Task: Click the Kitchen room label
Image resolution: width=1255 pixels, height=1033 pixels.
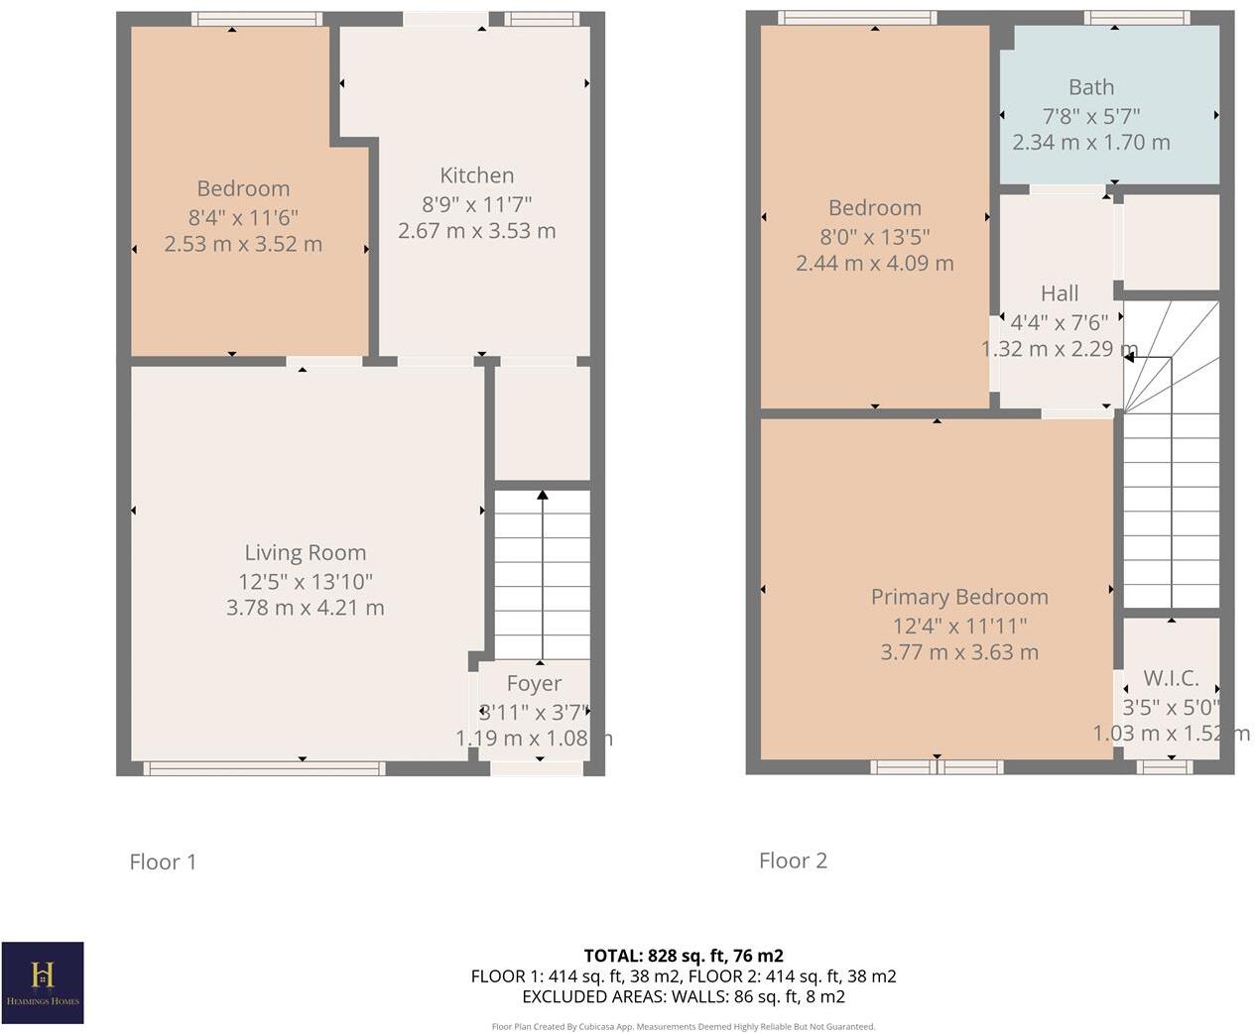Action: pyautogui.click(x=476, y=175)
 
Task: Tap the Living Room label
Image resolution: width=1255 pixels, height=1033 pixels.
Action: pyautogui.click(x=305, y=553)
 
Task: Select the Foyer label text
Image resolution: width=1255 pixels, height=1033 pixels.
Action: pyautogui.click(x=534, y=683)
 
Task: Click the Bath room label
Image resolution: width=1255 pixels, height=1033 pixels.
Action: pyautogui.click(x=1090, y=87)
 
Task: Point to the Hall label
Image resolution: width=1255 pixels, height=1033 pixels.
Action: pyautogui.click(x=1059, y=293)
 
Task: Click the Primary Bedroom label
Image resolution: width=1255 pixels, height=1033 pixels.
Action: pyautogui.click(x=958, y=597)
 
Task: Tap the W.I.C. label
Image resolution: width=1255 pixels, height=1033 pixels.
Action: pyautogui.click(x=1171, y=678)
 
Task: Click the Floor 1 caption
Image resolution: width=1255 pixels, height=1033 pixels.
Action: pyautogui.click(x=163, y=861)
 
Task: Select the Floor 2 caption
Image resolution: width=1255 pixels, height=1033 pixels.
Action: pyautogui.click(x=793, y=861)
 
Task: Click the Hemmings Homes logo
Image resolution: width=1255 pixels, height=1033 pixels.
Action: pyautogui.click(x=43, y=981)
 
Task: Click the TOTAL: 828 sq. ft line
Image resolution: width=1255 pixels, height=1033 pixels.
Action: pyautogui.click(x=683, y=956)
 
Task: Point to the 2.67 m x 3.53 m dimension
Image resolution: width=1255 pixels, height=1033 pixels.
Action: pyautogui.click(x=476, y=231)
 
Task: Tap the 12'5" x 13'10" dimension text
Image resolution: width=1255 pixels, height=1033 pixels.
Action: pyautogui.click(x=305, y=581)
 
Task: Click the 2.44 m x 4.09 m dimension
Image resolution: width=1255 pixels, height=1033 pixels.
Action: pyautogui.click(x=874, y=264)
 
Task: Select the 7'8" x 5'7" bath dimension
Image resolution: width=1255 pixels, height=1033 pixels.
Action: pyautogui.click(x=1090, y=115)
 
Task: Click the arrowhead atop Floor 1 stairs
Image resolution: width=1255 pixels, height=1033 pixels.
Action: pyautogui.click(x=542, y=494)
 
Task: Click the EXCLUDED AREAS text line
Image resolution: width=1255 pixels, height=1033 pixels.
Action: pyautogui.click(x=683, y=996)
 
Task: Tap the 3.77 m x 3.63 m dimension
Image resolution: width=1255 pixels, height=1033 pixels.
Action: pyautogui.click(x=958, y=652)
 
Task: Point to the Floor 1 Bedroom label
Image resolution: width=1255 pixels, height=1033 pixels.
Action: pyautogui.click(x=243, y=188)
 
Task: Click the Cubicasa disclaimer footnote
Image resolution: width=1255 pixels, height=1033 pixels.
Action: pyautogui.click(x=683, y=1027)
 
